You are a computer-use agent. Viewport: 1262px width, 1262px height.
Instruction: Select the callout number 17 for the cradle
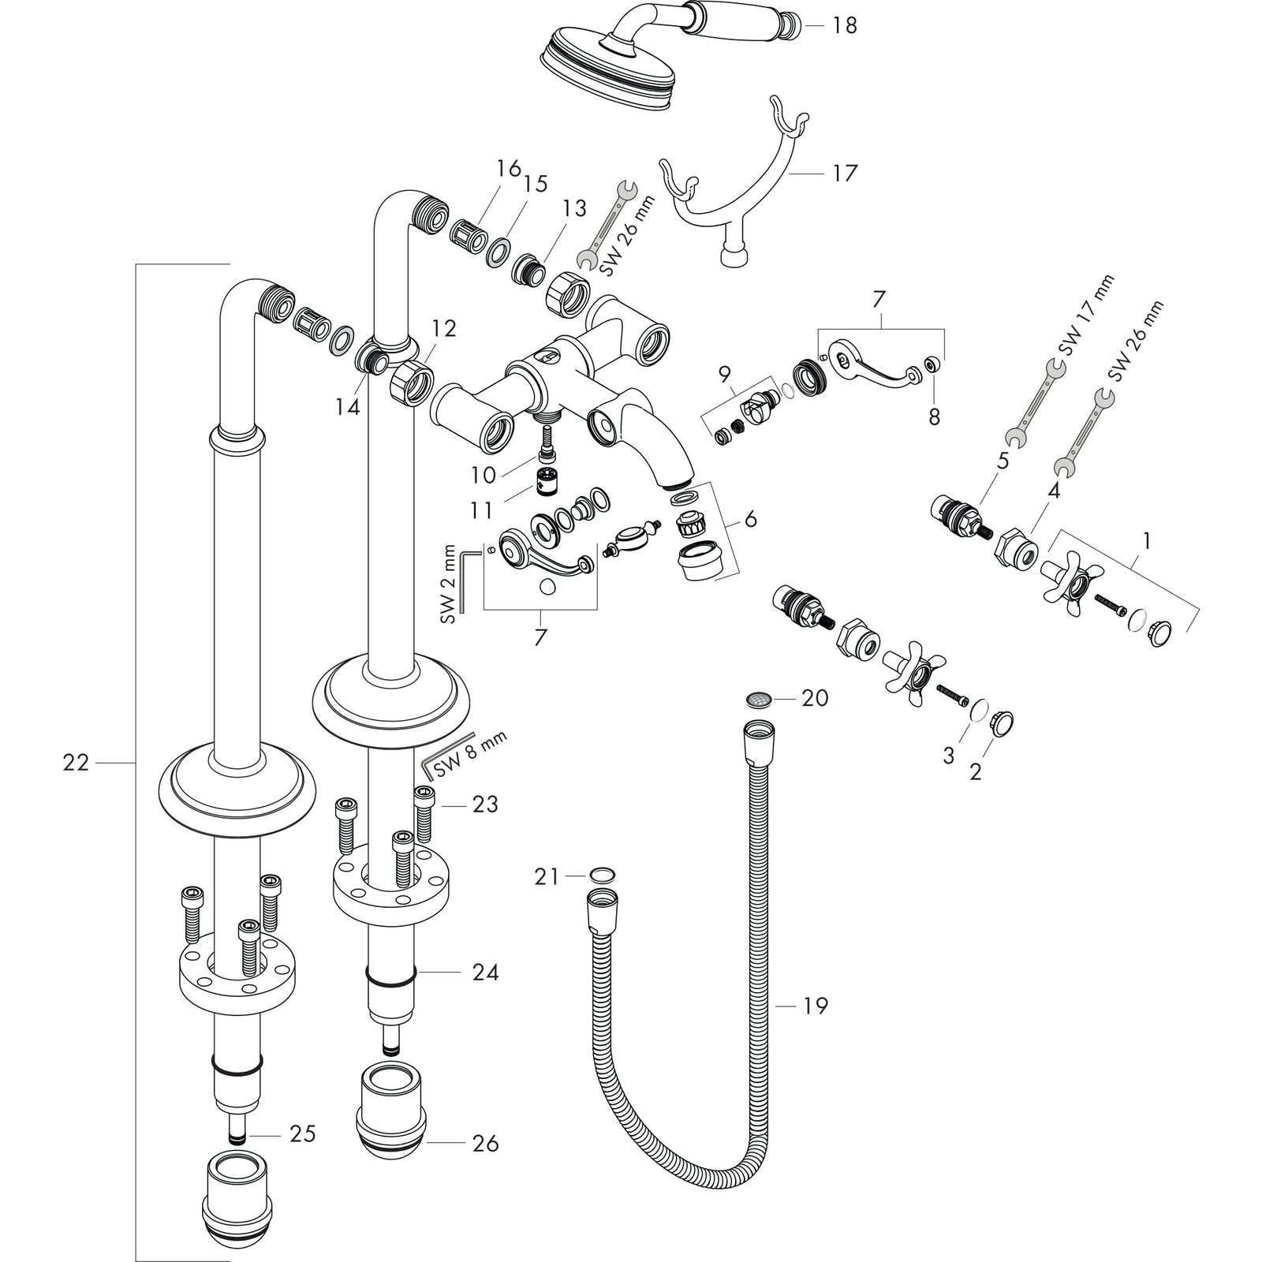tap(844, 173)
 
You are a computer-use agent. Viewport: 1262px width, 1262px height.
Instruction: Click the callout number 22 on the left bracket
tap(77, 763)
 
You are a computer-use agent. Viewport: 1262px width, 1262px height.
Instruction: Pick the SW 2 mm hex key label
tap(450, 584)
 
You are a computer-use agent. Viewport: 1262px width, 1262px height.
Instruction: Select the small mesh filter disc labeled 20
tap(760, 698)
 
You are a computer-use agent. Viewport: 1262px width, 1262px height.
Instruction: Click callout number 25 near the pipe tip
tap(302, 1134)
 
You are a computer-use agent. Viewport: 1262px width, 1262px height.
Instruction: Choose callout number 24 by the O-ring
tap(486, 973)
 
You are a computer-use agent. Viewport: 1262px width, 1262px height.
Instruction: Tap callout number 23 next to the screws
tap(486, 805)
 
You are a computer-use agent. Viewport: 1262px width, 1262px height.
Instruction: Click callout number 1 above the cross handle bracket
tap(1147, 541)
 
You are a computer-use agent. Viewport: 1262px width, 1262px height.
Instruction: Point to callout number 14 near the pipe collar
tap(348, 407)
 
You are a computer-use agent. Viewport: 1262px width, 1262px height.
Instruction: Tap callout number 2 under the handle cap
tap(976, 772)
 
